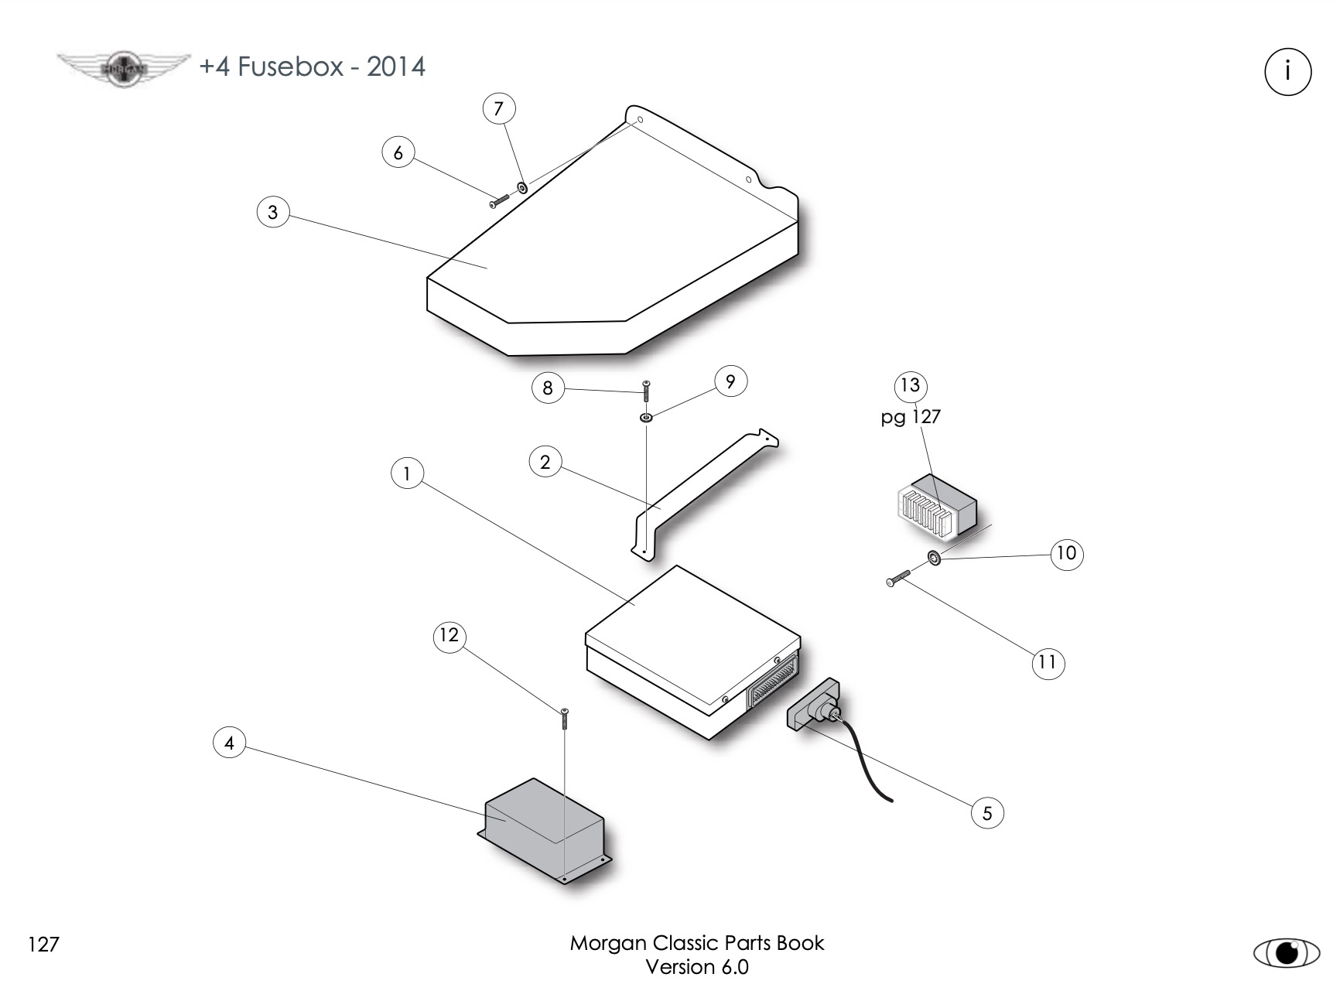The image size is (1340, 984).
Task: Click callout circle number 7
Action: pos(498,108)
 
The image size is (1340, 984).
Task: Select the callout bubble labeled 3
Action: pos(272,212)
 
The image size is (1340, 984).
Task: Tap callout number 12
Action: pos(449,636)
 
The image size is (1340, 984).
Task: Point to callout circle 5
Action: pos(987,813)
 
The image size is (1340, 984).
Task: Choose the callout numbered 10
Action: pos(1066,553)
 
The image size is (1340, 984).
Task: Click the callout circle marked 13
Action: pos(911,385)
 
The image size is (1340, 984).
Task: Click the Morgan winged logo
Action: pos(124,68)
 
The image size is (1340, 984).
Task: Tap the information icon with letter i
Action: pos(1287,72)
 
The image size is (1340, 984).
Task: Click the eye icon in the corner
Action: pos(1286,952)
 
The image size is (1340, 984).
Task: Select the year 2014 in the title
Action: pos(395,67)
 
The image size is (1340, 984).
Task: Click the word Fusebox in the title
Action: pos(290,67)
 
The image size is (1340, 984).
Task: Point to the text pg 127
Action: pos(911,417)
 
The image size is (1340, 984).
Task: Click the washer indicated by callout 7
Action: pos(522,187)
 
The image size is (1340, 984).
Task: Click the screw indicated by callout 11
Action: pos(898,578)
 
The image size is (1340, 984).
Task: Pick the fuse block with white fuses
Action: pos(935,507)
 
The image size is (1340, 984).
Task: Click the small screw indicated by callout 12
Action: pos(565,718)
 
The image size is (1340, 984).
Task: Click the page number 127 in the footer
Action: pos(43,945)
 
